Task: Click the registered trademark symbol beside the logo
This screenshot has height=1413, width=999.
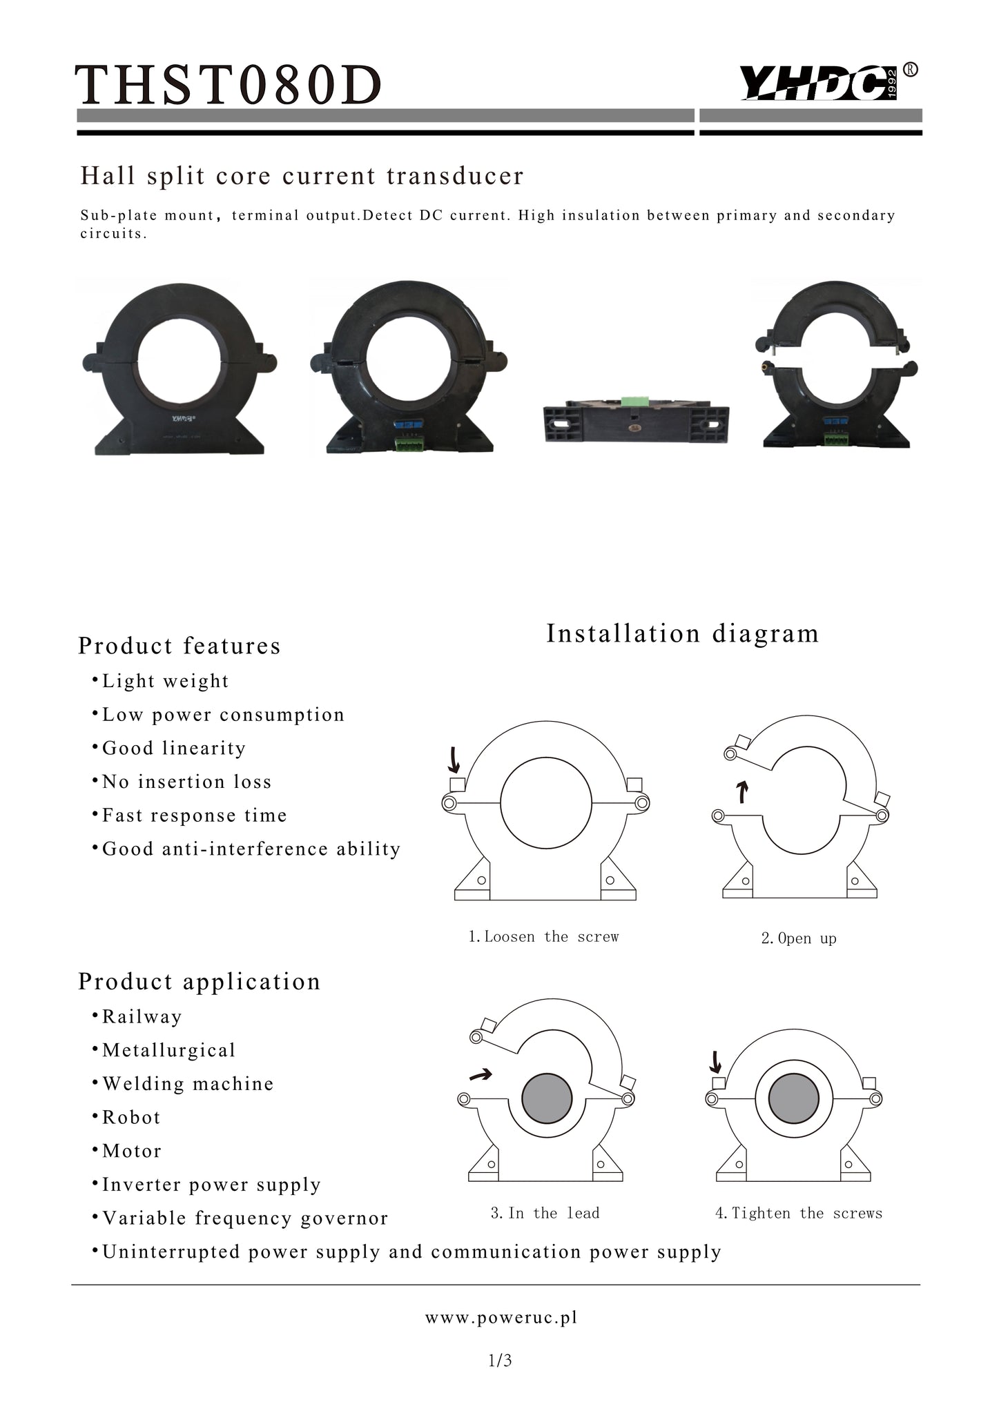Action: click(911, 70)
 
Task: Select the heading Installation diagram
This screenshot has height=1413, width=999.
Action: click(683, 633)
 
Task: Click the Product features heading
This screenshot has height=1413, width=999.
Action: click(180, 646)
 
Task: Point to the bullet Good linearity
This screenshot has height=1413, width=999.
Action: click(168, 749)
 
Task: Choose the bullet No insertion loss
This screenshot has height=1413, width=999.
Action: click(182, 782)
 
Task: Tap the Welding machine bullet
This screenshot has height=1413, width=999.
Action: click(183, 1084)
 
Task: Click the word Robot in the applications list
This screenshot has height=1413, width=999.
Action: click(131, 1118)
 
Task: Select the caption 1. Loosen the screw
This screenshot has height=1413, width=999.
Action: click(544, 937)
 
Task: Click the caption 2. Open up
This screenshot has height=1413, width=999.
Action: click(799, 938)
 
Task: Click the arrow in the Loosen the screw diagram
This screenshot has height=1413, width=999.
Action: click(454, 760)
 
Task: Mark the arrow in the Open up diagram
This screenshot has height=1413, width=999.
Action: click(742, 793)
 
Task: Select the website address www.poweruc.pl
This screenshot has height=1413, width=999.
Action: click(501, 1318)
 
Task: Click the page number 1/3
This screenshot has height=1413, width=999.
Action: click(500, 1361)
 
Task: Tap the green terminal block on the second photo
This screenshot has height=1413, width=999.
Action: click(408, 446)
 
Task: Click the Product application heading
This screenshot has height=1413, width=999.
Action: click(200, 982)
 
